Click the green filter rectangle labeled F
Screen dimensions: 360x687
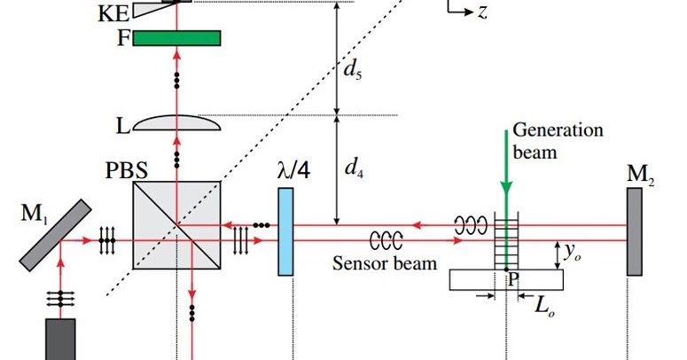coord(176,37)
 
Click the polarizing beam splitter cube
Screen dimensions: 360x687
coord(176,225)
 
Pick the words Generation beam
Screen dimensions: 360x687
coord(558,141)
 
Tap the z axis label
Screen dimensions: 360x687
coord(482,12)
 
